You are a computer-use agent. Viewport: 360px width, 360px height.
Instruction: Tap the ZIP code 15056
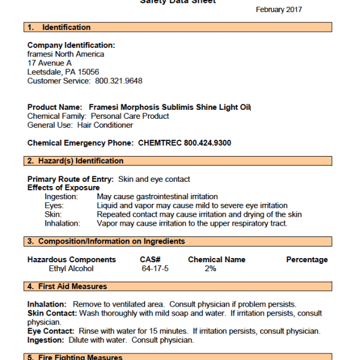coord(88,72)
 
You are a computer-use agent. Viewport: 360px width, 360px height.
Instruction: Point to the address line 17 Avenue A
coord(50,63)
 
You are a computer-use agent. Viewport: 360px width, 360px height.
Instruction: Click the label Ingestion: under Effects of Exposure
coord(63,197)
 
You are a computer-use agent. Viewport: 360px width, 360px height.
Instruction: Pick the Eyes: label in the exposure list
coord(55,206)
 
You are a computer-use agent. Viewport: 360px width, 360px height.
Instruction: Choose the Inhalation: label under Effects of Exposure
coord(62,224)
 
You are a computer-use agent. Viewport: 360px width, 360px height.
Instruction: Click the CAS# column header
coord(143,260)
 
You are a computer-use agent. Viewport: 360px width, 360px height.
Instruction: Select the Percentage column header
coord(307,260)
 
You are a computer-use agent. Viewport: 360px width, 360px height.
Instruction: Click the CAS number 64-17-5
coord(154,269)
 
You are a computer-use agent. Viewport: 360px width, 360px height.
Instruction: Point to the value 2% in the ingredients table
coord(210,269)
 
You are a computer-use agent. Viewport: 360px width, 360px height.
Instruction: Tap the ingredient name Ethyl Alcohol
coord(71,269)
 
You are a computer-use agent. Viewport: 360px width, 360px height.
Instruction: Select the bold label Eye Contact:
coord(50,331)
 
